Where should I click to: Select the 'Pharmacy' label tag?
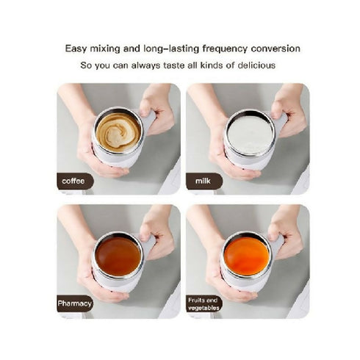click(x=75, y=303)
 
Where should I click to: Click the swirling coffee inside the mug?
click(x=118, y=132)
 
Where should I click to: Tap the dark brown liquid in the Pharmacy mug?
click(x=118, y=255)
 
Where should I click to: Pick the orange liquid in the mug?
click(x=246, y=255)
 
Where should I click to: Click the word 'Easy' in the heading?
click(x=77, y=48)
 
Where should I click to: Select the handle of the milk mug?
click(x=280, y=120)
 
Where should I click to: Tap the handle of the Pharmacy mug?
click(x=150, y=244)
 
